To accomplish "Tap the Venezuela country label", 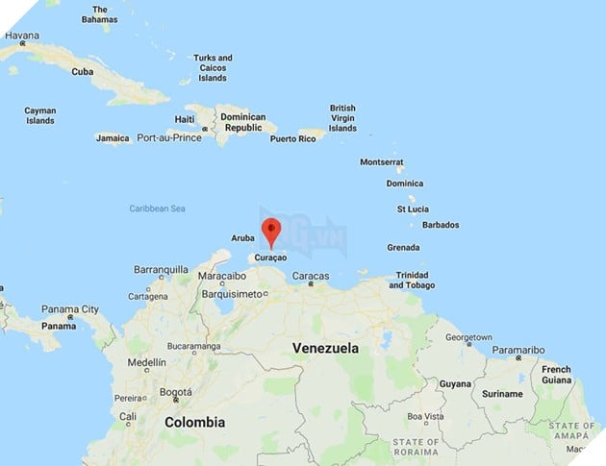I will pos(325,348).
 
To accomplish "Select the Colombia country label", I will pos(194,422).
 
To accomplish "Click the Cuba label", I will pos(83,71).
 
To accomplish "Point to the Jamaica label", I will pos(113,138).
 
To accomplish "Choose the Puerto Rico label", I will pos(293,138).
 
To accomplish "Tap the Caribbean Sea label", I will pos(157,208).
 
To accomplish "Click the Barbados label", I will pos(441,225).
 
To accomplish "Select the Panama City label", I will pos(69,309).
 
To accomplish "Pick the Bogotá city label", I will pos(176,392).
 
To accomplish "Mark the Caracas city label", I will pos(311,276).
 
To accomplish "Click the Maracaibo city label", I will pos(223,276).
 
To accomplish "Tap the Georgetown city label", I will pos(468,338).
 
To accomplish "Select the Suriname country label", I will pos(502,394).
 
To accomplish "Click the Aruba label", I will pos(243,237).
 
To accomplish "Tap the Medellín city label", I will pos(147,362).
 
